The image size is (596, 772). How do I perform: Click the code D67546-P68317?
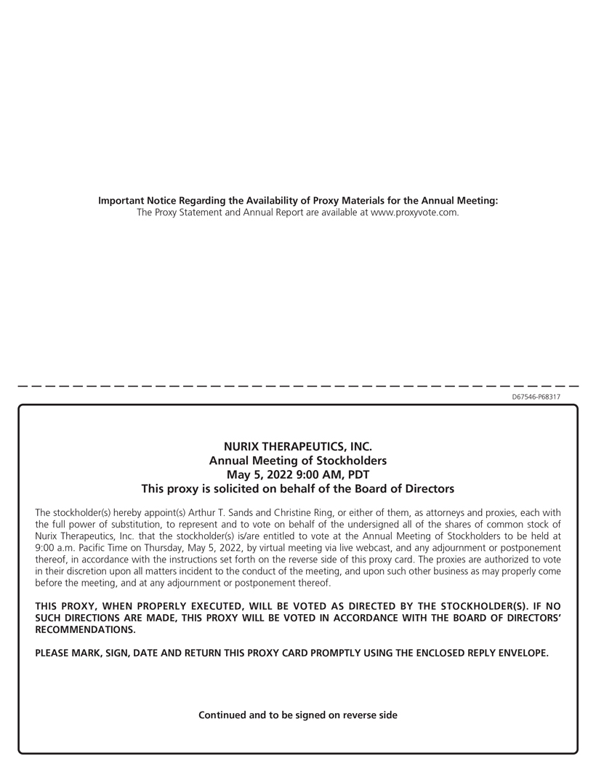click(x=536, y=397)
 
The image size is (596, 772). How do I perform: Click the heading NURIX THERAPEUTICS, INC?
click(x=298, y=447)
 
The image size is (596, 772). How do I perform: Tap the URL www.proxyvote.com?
click(x=414, y=212)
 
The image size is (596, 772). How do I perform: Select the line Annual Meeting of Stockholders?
click(x=298, y=461)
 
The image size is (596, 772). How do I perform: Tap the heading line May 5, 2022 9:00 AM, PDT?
click(x=298, y=474)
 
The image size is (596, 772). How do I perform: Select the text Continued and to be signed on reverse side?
click(x=298, y=715)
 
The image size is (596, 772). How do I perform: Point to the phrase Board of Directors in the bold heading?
click(x=409, y=488)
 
